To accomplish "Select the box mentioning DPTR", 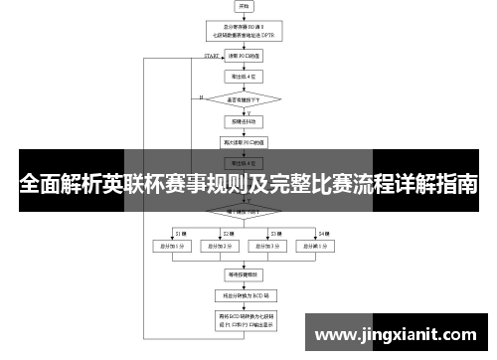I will [x=244, y=31].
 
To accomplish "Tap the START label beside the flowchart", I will [x=212, y=57].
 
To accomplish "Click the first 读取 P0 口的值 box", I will [x=244, y=56].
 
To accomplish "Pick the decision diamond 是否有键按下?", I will [x=244, y=99].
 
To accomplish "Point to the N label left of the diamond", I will [x=201, y=96].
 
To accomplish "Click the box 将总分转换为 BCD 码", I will [x=244, y=295].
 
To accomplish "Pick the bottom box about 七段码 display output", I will [x=244, y=319].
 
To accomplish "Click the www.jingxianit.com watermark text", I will [x=399, y=336].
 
